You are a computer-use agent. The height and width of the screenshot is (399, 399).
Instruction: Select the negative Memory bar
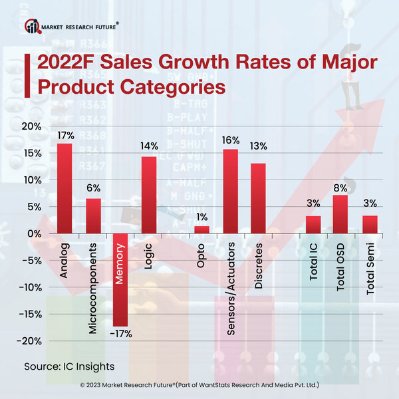point(120,279)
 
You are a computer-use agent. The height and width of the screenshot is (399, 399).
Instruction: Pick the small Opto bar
point(201,230)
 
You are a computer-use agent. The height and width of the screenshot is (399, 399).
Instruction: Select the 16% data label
point(230,141)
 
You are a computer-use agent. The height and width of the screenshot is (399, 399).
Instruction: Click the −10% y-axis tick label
point(32,287)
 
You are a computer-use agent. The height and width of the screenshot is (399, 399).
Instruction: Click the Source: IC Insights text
point(69,366)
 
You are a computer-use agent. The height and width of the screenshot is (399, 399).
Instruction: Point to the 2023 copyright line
point(199,385)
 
